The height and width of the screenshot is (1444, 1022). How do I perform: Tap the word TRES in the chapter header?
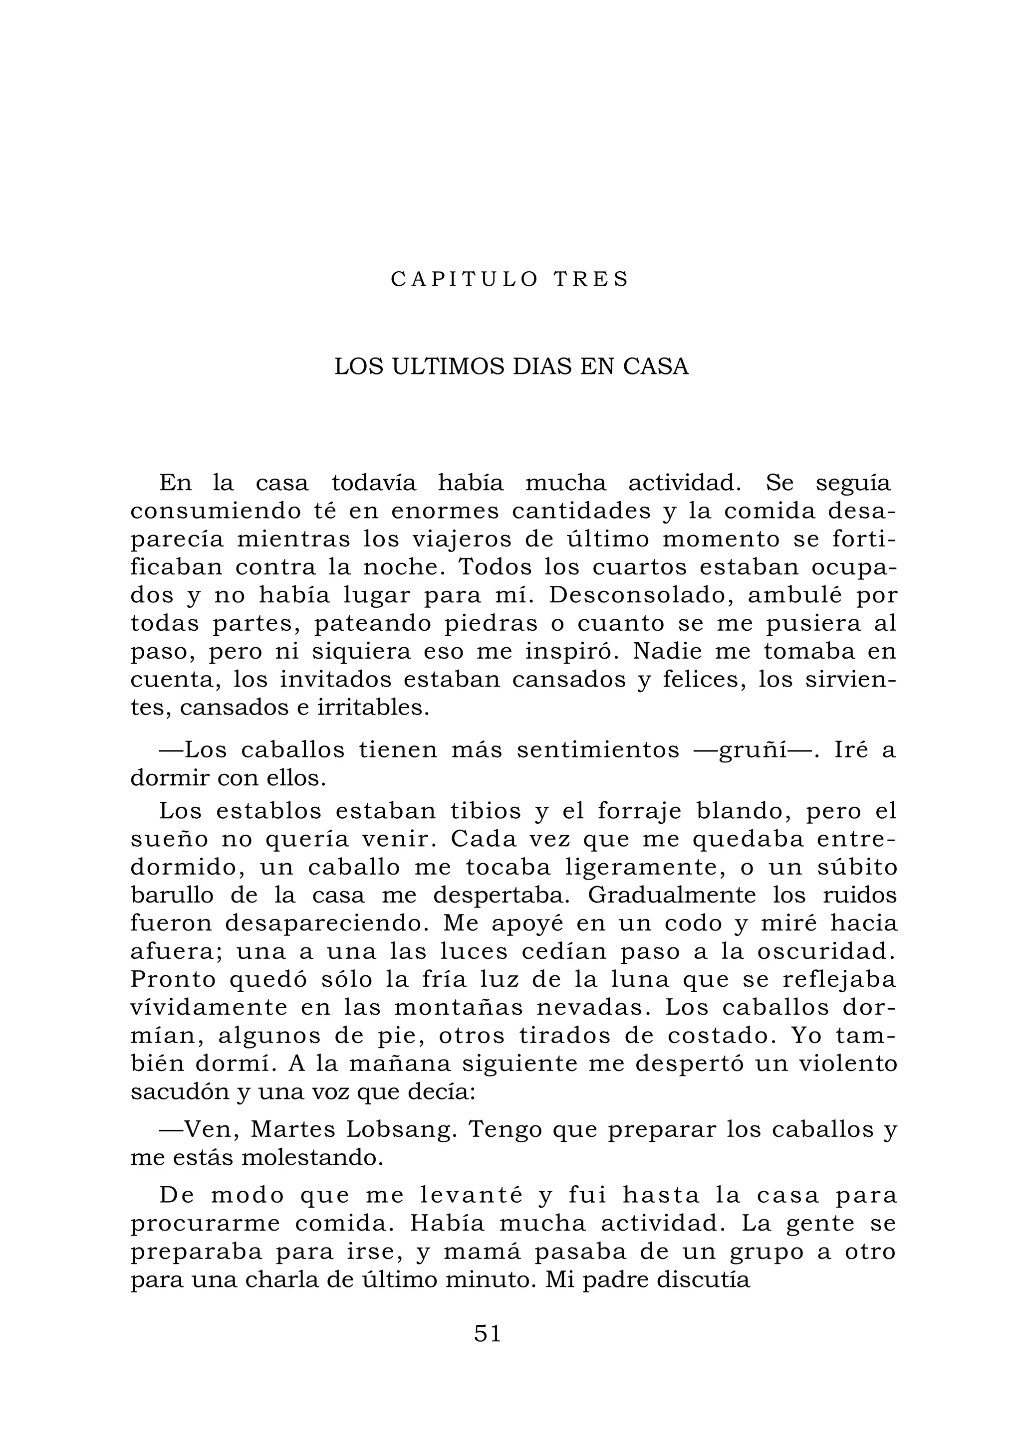pyautogui.click(x=591, y=279)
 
